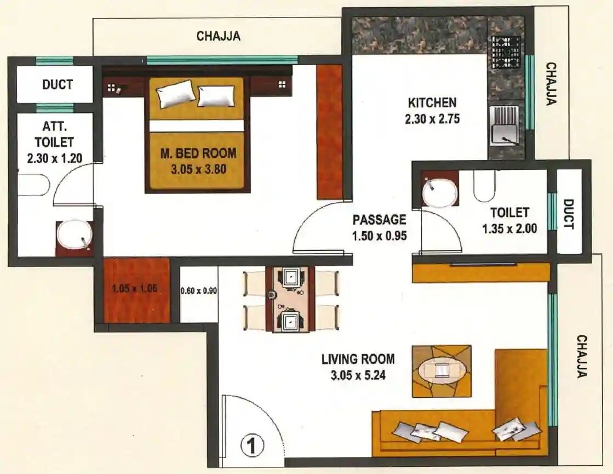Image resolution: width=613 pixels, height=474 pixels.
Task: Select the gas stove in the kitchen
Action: tap(506, 52)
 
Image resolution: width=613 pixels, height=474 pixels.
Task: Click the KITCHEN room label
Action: tap(432, 102)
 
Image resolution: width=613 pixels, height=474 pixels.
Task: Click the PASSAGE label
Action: tap(379, 220)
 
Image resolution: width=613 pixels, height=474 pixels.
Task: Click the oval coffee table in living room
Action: tap(441, 371)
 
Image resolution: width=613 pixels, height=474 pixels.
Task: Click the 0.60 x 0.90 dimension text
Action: tap(199, 291)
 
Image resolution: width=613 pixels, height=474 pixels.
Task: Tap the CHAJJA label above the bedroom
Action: tap(219, 37)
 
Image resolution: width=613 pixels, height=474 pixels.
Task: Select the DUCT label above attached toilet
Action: tap(58, 84)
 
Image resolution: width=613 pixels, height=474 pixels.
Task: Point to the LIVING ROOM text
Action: tap(358, 359)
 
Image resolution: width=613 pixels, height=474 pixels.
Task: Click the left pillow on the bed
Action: tap(175, 94)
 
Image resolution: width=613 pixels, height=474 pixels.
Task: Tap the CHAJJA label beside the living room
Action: tap(582, 357)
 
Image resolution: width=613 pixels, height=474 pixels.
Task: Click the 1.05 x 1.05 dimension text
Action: tap(134, 288)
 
